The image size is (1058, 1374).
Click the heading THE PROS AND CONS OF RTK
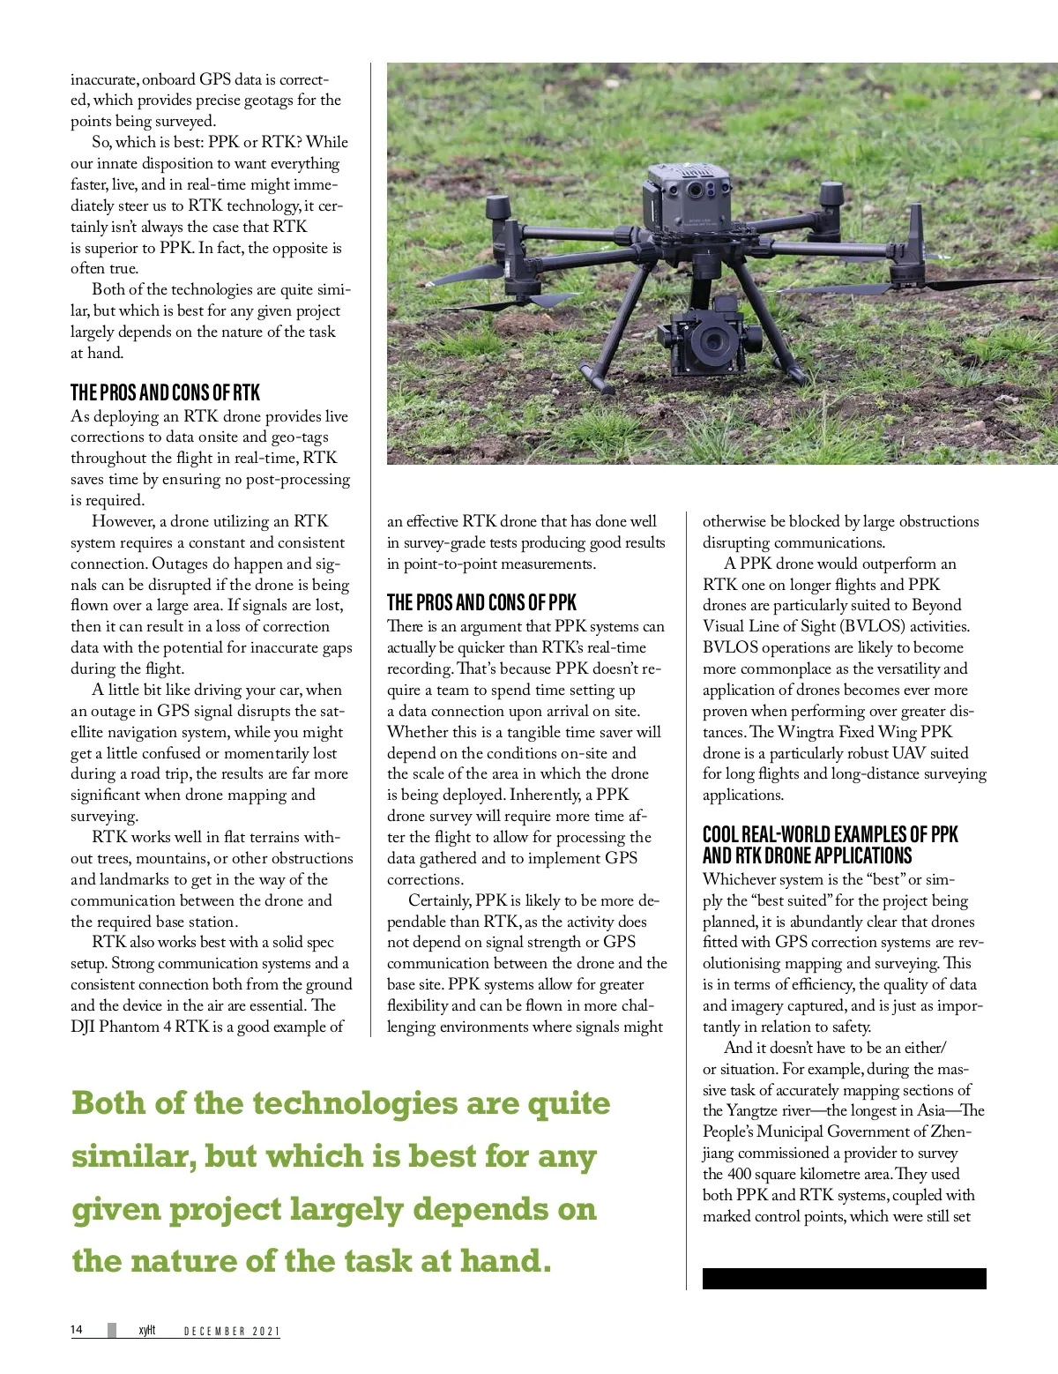click(165, 392)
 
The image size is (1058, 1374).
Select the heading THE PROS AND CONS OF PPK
click(481, 603)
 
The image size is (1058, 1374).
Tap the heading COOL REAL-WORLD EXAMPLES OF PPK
click(830, 834)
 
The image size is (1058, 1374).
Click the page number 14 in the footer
click(77, 1330)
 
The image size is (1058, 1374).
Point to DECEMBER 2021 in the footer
click(231, 1331)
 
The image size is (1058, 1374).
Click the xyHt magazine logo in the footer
click(146, 1330)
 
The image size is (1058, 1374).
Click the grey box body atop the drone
click(688, 203)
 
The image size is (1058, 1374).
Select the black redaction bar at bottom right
click(844, 1279)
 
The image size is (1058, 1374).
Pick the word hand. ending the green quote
click(505, 1261)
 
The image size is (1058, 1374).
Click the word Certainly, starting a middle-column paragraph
click(440, 900)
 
